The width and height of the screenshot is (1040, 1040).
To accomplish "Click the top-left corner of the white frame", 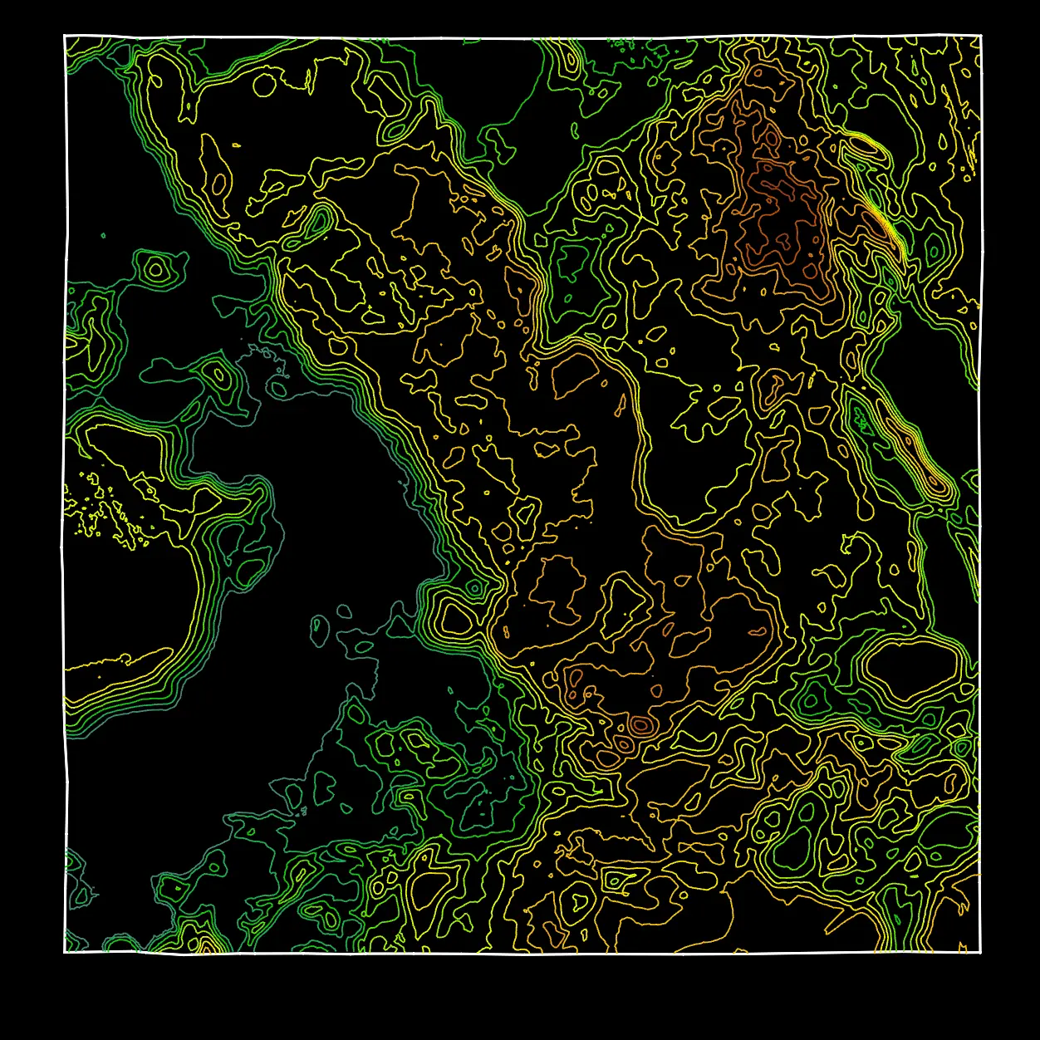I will point(65,36).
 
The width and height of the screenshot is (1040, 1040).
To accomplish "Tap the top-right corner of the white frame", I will point(981,36).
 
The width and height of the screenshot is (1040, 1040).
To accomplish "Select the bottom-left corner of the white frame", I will point(65,952).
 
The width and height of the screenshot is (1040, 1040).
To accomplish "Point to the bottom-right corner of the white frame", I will point(981,952).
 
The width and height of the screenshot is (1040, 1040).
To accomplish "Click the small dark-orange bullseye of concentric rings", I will point(640,725).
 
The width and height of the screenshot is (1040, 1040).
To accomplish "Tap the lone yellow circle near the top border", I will point(264,84).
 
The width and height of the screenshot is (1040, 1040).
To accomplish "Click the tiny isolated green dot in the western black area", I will point(103,235).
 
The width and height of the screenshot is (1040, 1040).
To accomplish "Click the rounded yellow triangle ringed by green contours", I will point(455,618).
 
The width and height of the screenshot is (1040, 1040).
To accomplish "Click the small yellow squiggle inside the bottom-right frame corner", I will point(964,946).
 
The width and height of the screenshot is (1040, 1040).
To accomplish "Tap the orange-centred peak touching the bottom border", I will point(204,944).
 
